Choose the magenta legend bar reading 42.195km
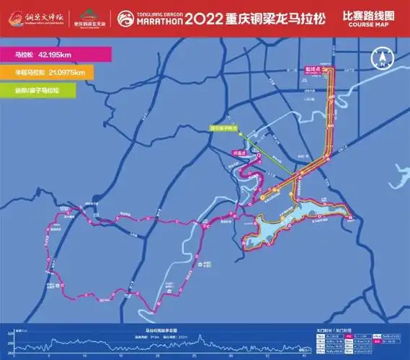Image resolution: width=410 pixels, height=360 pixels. pyautogui.click(x=54, y=55)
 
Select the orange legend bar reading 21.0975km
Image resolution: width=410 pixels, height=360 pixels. pyautogui.click(x=54, y=71)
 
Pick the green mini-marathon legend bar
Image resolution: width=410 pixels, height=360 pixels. pyautogui.click(x=54, y=89)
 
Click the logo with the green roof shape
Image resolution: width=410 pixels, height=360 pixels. pyautogui.click(x=89, y=15)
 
